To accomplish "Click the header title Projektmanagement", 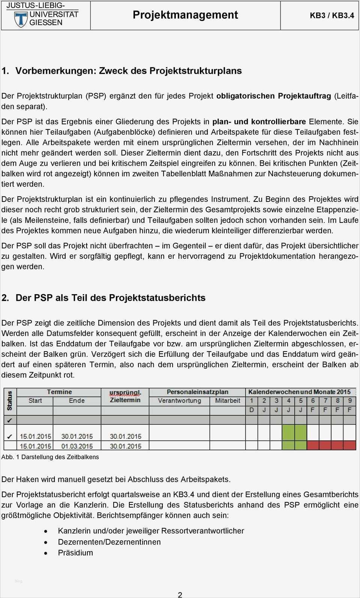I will click(185, 15).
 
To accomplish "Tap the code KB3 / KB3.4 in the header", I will click(331, 15).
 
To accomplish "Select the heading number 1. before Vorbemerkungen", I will click(5, 71).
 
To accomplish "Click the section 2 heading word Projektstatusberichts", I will click(157, 298).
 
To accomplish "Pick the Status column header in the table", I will click(10, 400).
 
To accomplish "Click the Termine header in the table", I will click(59, 392).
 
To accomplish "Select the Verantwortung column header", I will click(179, 401).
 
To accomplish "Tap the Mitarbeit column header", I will click(227, 401).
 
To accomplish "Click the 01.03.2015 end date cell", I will click(77, 446).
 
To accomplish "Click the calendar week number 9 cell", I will click(349, 401).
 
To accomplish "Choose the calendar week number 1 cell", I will click(252, 401).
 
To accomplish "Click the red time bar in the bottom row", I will click(331, 446).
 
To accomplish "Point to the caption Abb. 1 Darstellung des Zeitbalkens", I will click(50, 457).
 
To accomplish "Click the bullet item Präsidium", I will click(75, 553).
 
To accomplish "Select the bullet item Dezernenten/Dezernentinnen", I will click(109, 542).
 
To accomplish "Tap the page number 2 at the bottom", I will click(180, 594).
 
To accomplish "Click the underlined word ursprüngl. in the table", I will click(125, 393).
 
